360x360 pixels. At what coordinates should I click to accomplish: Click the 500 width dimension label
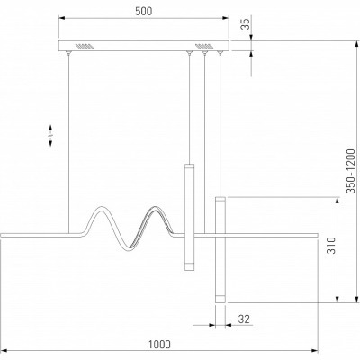pyautogui.click(x=144, y=12)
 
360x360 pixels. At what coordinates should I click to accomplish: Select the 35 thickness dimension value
pyautogui.click(x=246, y=24)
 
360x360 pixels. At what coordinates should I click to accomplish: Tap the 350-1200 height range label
pyautogui.click(x=351, y=171)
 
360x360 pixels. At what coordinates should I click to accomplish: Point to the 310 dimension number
pyautogui.click(x=331, y=245)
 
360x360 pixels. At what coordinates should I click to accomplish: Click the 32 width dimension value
pyautogui.click(x=244, y=319)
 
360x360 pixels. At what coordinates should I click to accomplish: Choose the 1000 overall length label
pyautogui.click(x=159, y=345)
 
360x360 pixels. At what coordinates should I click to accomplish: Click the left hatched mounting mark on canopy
pyautogui.click(x=85, y=47)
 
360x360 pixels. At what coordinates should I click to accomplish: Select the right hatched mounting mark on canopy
pyautogui.click(x=204, y=47)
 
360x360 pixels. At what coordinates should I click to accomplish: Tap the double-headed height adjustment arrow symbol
pyautogui.click(x=50, y=136)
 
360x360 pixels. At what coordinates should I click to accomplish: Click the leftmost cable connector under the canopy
pyautogui.click(x=68, y=53)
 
